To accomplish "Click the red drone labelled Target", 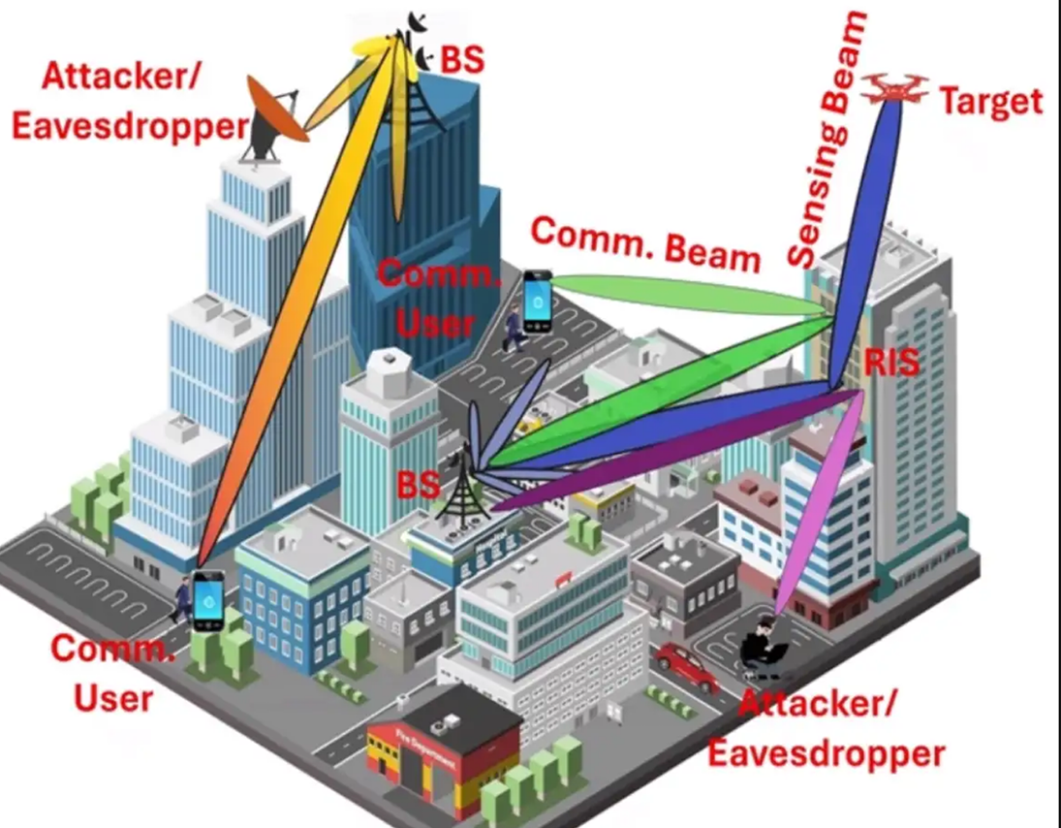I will pos(893,88).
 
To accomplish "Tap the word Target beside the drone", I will pos(990,102).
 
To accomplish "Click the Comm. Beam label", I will pos(646,244).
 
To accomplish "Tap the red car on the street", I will pos(687,666).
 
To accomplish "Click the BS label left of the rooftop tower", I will pos(418,483).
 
